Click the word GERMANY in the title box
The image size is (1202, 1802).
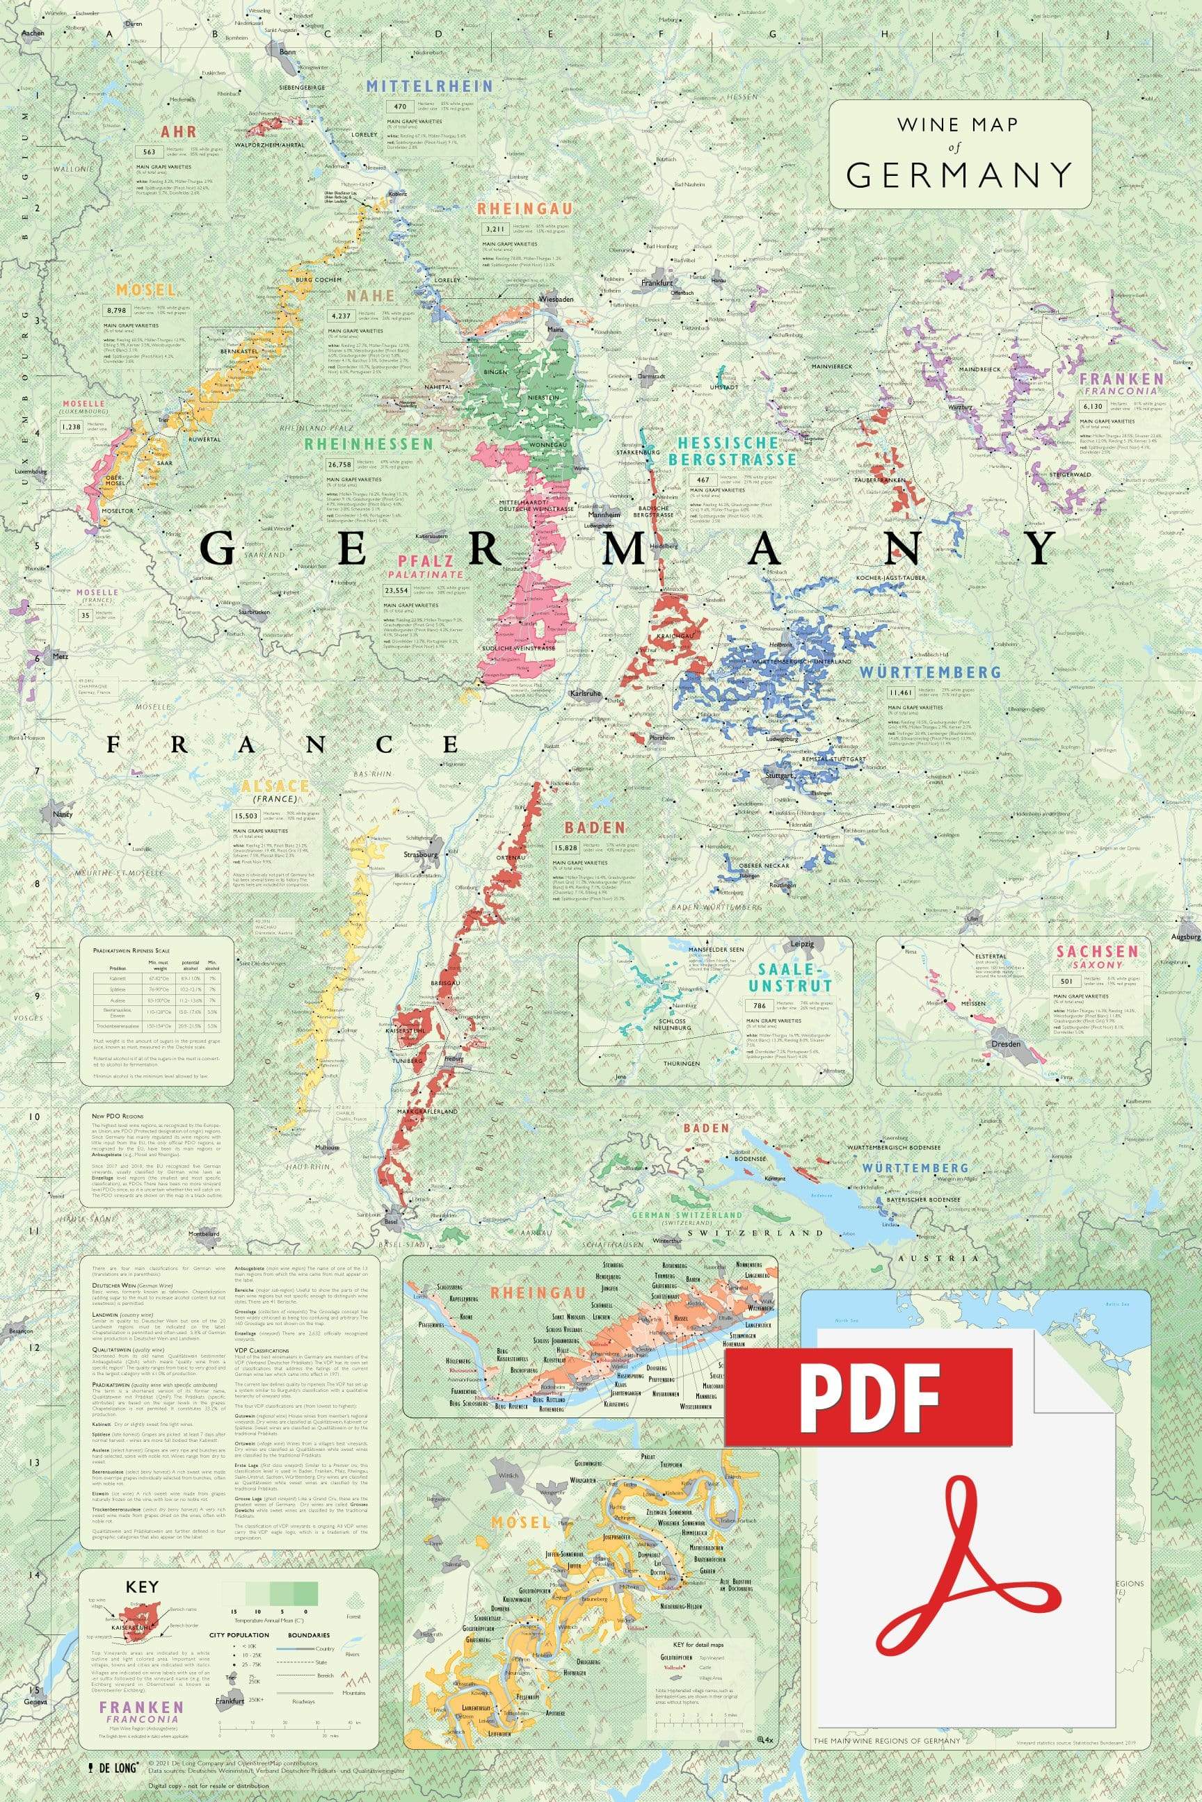tap(959, 175)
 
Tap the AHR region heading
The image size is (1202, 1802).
tap(179, 132)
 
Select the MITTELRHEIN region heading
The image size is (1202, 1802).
tap(429, 86)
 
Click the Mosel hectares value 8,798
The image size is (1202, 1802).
tap(118, 310)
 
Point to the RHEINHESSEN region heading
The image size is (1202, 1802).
tap(369, 444)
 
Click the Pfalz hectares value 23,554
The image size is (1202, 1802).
tap(396, 591)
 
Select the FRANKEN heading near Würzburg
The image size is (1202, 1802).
tap(1121, 378)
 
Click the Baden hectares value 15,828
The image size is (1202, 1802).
tap(566, 848)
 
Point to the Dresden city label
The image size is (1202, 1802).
tap(1007, 1044)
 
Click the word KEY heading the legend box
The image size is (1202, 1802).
tap(142, 1586)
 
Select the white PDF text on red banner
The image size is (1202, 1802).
tap(870, 1397)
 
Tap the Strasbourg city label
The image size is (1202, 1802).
tap(421, 854)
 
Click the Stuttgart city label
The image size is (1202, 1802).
tap(779, 775)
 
